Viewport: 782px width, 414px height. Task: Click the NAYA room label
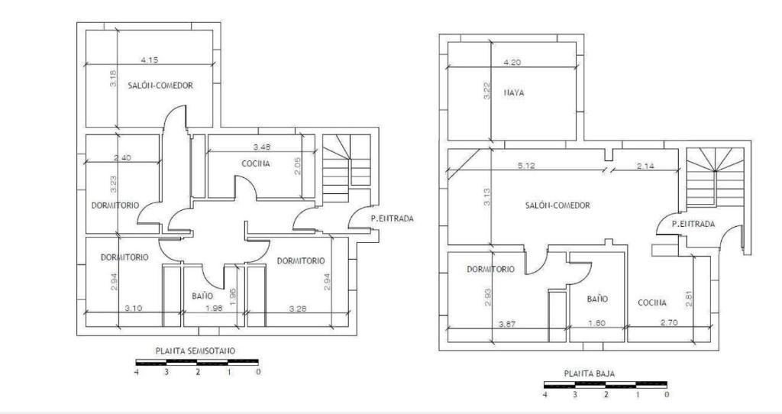coord(514,92)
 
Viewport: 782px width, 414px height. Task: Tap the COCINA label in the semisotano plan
coord(256,163)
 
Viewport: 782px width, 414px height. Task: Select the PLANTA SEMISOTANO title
coord(195,351)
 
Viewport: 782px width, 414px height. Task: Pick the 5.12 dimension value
coord(526,166)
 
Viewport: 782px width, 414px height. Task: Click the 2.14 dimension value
coord(645,166)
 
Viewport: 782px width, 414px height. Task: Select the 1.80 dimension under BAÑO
coord(596,322)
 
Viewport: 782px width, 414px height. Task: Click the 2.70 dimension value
coord(669,322)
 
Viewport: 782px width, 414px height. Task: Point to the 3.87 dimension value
coord(508,324)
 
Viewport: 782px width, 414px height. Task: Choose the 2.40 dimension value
coord(122,157)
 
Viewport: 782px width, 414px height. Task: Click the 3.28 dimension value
coord(298,309)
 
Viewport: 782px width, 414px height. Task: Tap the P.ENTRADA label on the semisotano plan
coord(393,218)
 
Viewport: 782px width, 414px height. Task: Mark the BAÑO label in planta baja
coord(597,299)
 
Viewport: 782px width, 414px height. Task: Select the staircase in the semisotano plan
coord(346,168)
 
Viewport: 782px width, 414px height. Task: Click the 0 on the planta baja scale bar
coord(667,395)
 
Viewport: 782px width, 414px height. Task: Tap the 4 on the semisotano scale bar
coord(137,372)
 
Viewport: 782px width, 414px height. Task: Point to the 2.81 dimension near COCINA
coord(690,299)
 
